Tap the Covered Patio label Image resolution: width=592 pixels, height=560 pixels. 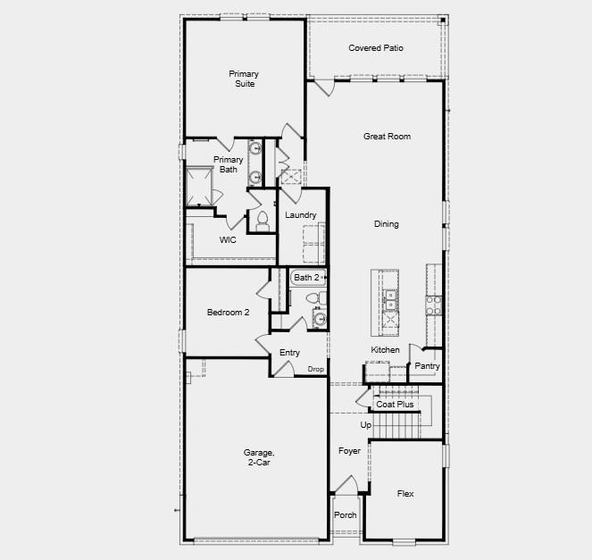coord(375,48)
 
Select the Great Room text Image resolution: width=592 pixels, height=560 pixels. coord(387,137)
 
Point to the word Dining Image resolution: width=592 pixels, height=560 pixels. coord(387,224)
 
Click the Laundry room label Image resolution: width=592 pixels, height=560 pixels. coord(301,215)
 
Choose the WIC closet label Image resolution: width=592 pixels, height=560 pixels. coord(229,240)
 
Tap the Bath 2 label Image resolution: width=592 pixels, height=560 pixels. coord(306,278)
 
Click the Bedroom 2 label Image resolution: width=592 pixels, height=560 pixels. coord(228,313)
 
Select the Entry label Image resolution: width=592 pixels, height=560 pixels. coord(289,353)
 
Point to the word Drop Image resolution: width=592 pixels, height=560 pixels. coord(315,369)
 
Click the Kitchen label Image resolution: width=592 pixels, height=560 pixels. coord(386,349)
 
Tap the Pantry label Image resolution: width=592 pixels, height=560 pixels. coord(426,366)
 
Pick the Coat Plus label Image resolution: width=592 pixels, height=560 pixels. coord(395,405)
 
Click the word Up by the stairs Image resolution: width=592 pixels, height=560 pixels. coord(365,425)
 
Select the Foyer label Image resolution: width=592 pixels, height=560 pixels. coord(349,451)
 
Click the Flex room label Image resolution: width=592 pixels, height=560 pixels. coord(405,493)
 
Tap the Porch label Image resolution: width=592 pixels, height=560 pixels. coord(345,515)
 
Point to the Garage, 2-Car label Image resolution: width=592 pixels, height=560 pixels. coord(257,457)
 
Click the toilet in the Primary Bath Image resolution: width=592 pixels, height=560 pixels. coord(263,220)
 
